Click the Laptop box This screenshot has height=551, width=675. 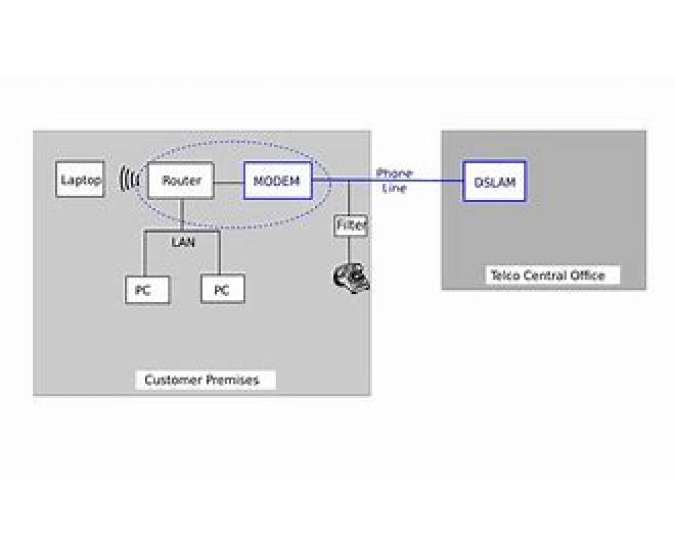tap(80, 180)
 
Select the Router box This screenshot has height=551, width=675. tap(181, 180)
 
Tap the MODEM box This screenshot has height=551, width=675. tap(277, 181)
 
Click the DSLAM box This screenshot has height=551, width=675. tap(494, 181)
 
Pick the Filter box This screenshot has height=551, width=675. tap(351, 226)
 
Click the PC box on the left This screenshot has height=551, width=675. tap(147, 289)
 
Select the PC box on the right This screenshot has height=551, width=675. tap(223, 289)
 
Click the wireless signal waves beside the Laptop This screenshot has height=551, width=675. tap(129, 180)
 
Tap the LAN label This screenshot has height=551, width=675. tap(183, 243)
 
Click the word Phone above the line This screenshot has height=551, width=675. tap(394, 172)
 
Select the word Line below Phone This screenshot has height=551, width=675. tap(394, 188)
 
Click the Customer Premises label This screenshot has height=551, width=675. tap(202, 380)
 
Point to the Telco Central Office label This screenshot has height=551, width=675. tap(548, 275)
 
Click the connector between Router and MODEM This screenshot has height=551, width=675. tap(228, 181)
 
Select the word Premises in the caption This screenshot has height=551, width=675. tap(232, 380)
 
